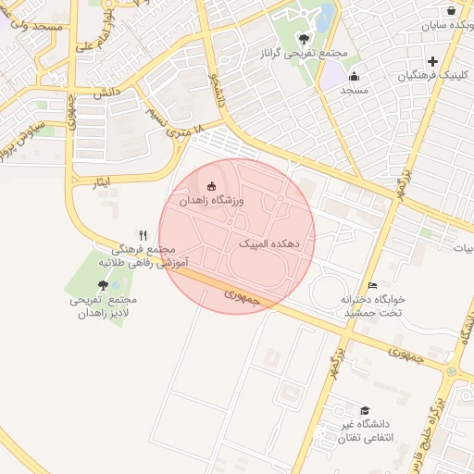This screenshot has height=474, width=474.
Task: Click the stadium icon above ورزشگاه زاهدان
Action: pos(213,186)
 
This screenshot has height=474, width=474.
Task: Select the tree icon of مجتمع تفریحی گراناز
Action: pos(305,39)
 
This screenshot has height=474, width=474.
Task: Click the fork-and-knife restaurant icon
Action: pos(143,235)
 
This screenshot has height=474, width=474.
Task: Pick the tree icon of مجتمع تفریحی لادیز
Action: pos(103,285)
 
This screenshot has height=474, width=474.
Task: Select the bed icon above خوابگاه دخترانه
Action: pos(372,285)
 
